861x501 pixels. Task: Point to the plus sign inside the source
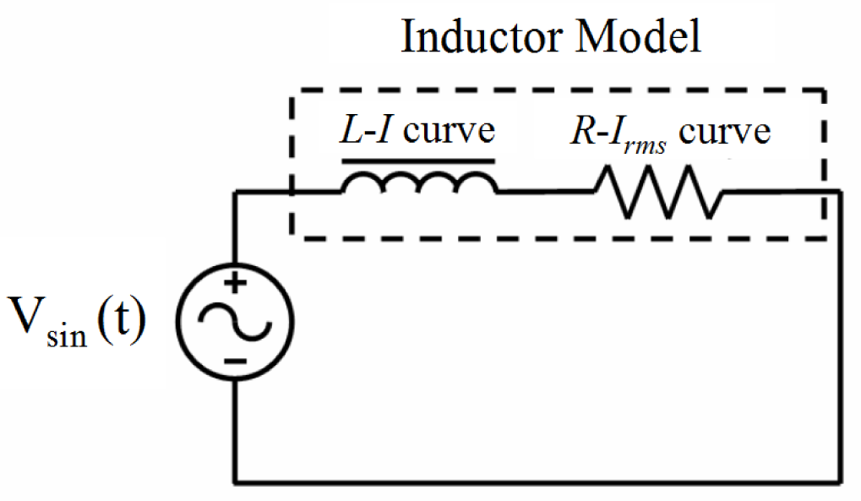point(236,285)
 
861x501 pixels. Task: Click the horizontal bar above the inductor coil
point(417,159)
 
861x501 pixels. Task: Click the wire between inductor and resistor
point(545,192)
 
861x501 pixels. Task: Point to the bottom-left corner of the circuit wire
point(236,482)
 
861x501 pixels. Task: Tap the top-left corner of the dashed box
point(292,91)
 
